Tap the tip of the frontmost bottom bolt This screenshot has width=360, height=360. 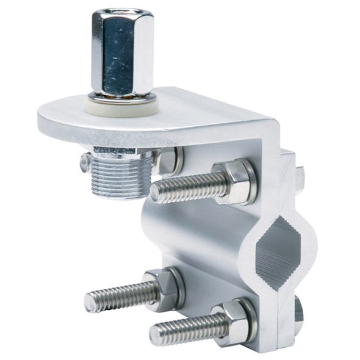(x=156, y=334)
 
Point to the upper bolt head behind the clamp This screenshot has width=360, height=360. (x=300, y=178)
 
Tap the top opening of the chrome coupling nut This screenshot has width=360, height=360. (x=122, y=14)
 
